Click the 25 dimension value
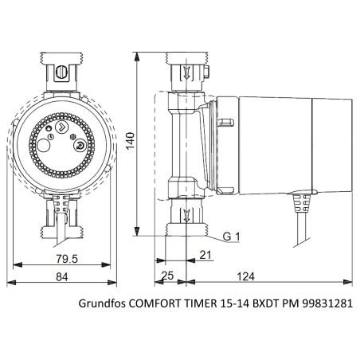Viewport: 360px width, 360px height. (167, 276)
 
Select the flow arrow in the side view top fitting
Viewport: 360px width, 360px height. (185, 75)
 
